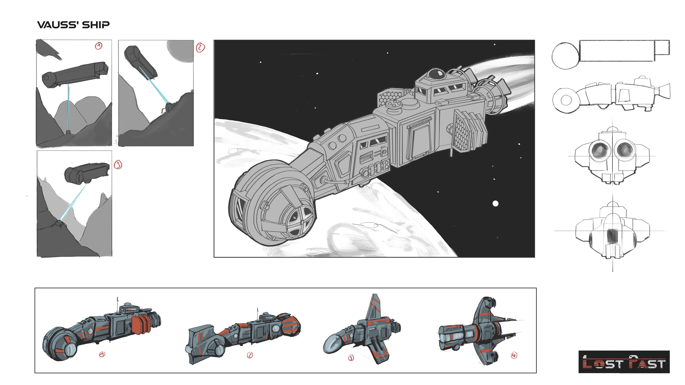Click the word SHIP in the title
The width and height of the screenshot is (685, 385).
96,25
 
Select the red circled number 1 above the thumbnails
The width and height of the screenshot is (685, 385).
99,46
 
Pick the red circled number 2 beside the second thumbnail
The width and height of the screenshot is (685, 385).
201,48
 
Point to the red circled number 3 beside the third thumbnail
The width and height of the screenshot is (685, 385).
118,165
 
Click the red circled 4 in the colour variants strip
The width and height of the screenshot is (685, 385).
514,355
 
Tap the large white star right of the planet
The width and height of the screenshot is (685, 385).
495,204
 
